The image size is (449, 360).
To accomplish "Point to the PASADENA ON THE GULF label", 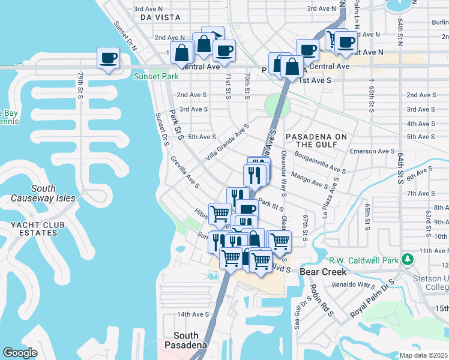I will click(x=316, y=140).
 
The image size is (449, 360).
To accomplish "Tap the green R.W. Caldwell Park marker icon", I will click(x=408, y=260).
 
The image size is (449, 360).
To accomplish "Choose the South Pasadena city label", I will click(x=190, y=340).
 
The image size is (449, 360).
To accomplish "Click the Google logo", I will click(x=20, y=353).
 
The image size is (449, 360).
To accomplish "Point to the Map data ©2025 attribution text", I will click(x=423, y=355).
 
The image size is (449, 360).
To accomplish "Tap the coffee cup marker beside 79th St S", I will click(x=109, y=59).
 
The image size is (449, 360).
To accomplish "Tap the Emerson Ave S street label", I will click(x=372, y=151).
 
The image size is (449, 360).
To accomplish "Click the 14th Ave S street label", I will click(x=192, y=314).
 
